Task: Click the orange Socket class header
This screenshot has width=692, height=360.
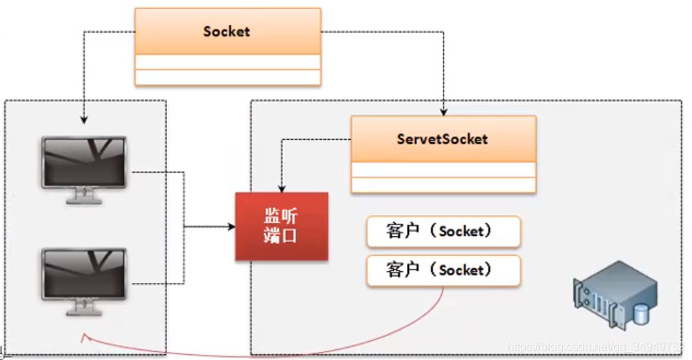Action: coord(228,31)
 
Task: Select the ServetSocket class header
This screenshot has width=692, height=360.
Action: coord(443,138)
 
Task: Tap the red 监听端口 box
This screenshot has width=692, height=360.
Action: coord(281,226)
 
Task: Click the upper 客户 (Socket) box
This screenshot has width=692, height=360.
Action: coord(443,231)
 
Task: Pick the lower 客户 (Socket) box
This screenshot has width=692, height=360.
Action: coord(443,270)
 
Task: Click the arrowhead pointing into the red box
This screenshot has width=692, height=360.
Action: coord(231,227)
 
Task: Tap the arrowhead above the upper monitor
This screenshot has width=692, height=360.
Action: coord(84,119)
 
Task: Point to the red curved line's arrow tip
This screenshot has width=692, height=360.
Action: coord(83,336)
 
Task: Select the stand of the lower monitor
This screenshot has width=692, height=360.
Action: coord(84,309)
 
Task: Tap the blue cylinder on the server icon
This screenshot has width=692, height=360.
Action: coord(641,314)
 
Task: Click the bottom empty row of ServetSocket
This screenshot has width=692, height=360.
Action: coord(443,184)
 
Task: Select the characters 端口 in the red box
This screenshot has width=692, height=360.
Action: coord(281,236)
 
